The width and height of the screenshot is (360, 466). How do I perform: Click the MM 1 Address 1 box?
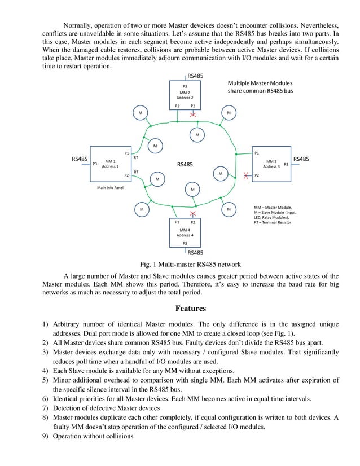point(110,164)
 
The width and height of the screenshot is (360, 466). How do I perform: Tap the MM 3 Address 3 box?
point(271,164)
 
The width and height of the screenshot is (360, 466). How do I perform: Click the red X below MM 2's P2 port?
point(193,114)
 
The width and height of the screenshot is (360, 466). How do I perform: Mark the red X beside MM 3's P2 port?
point(245,175)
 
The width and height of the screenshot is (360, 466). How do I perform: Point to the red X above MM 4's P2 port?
point(193,214)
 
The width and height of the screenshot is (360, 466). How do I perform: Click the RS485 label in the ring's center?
point(185,165)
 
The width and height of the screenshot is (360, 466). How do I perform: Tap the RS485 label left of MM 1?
point(80,160)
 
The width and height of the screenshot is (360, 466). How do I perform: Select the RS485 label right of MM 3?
point(301,159)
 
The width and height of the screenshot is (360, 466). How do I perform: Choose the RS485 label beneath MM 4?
point(195,253)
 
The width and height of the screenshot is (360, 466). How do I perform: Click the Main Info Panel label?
point(110,188)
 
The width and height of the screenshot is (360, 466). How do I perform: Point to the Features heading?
point(190,309)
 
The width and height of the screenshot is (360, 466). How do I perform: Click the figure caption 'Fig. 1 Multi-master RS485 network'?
point(190,264)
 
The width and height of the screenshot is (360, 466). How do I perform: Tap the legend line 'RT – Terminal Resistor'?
point(277,222)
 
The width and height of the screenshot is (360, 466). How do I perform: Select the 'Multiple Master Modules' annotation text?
point(260,82)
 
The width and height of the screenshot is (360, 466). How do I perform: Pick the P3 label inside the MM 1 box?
point(95,164)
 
